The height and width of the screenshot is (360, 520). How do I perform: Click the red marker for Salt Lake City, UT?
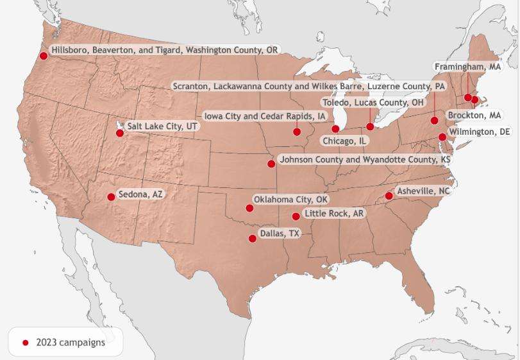(x=120, y=133)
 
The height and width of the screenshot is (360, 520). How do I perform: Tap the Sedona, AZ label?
(x=140, y=194)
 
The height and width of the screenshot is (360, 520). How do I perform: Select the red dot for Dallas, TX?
(x=253, y=239)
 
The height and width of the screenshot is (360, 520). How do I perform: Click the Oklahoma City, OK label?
(x=290, y=200)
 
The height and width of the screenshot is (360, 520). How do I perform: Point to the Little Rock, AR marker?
(x=296, y=217)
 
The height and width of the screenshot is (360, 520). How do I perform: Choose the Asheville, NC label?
(x=423, y=191)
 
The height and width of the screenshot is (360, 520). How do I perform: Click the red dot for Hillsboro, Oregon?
(x=44, y=56)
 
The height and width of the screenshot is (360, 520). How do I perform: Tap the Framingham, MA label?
(x=467, y=67)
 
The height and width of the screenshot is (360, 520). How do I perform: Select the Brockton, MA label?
(x=474, y=116)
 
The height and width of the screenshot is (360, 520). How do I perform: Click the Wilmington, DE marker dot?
(x=442, y=137)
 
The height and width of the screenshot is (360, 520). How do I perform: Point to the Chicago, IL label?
(x=344, y=141)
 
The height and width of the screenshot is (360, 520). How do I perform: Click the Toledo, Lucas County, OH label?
(x=373, y=103)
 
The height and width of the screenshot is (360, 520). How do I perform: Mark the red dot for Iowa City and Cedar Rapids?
(x=297, y=132)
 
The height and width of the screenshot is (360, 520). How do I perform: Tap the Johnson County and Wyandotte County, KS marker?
(x=271, y=164)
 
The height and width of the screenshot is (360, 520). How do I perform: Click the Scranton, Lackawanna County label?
(x=308, y=86)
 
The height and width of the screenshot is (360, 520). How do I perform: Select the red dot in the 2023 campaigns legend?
(x=26, y=343)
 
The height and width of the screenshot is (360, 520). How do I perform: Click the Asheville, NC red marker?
(x=389, y=196)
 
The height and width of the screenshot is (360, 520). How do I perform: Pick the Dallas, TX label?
(x=280, y=234)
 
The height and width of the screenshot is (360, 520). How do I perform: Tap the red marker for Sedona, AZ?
(x=111, y=197)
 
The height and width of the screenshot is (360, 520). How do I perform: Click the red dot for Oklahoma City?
(x=249, y=208)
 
